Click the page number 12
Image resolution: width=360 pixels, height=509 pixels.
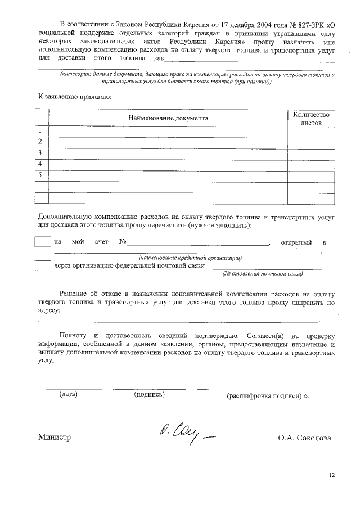(332, 475)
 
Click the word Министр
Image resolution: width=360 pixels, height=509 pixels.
(55, 438)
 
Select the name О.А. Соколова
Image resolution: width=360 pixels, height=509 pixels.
(304, 438)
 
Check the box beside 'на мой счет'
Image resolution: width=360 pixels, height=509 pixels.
(43, 242)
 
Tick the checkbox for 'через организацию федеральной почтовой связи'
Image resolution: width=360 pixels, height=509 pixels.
(43, 265)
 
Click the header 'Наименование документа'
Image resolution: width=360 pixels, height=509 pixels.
(168, 118)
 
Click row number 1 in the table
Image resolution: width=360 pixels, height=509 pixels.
(40, 130)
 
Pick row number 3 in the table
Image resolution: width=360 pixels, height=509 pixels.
(40, 152)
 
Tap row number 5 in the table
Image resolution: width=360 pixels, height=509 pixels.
(40, 175)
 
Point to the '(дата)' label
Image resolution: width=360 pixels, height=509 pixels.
(68, 394)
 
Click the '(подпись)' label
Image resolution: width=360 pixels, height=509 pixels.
(150, 394)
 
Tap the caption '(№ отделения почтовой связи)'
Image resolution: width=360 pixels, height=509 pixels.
(263, 274)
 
